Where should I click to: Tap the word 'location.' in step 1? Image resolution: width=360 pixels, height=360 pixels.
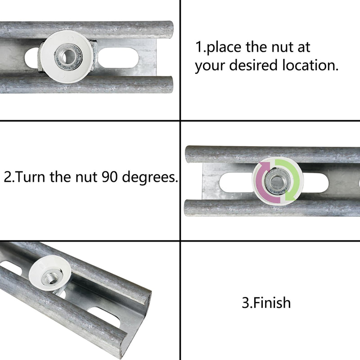coord(310,65)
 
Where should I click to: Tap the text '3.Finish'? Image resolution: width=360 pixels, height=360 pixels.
coord(266,302)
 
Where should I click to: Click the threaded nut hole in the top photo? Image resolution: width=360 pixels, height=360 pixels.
coord(69,56)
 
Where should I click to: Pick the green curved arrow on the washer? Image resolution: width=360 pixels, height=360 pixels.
coord(292,176)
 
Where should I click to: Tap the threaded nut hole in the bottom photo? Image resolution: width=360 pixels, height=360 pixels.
coord(51,274)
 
